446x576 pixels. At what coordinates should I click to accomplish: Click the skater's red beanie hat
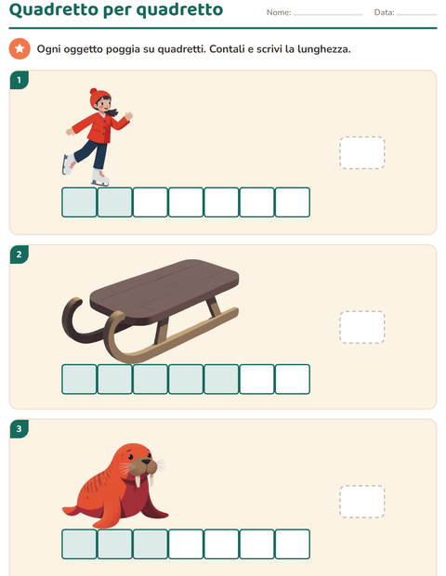pyautogui.click(x=98, y=97)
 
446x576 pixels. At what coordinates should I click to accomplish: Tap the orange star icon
pyautogui.click(x=20, y=48)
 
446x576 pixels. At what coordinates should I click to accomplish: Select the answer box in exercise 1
pyautogui.click(x=362, y=152)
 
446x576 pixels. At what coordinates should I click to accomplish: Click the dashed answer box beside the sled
pyautogui.click(x=362, y=327)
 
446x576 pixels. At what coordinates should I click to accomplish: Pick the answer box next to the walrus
pyautogui.click(x=362, y=502)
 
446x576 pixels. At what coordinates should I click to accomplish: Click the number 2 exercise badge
pyautogui.click(x=20, y=255)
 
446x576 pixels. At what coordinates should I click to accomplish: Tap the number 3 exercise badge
pyautogui.click(x=20, y=428)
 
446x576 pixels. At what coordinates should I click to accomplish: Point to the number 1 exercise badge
pyautogui.click(x=20, y=80)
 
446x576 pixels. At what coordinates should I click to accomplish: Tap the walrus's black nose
pyautogui.click(x=146, y=462)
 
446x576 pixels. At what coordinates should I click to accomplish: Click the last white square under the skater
pyautogui.click(x=293, y=202)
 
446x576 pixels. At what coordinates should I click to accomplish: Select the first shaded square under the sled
pyautogui.click(x=79, y=379)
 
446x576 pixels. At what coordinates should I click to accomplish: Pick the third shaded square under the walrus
pyautogui.click(x=151, y=544)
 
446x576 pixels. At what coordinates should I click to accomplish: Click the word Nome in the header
pyautogui.click(x=278, y=12)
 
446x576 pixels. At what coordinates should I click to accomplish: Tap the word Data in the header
pyautogui.click(x=384, y=12)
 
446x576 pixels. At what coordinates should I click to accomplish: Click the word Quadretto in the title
pyautogui.click(x=53, y=9)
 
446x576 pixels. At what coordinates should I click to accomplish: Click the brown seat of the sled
pyautogui.click(x=164, y=291)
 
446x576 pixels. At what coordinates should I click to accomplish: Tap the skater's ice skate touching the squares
pyautogui.click(x=100, y=177)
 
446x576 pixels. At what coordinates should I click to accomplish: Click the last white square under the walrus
pyautogui.click(x=293, y=544)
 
